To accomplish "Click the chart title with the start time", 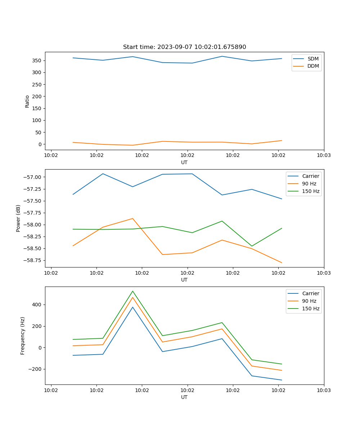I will [x=184, y=47].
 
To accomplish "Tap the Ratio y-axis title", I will [x=27, y=101].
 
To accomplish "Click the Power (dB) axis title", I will [x=18, y=218].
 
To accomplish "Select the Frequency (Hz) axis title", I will [x=23, y=336].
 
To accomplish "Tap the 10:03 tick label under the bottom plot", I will [x=324, y=390].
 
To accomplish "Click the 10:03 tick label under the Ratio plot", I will [x=324, y=156].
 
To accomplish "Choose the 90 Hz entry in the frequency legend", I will [x=309, y=301].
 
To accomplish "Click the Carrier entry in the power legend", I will [x=310, y=176].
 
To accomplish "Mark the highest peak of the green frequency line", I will [x=132, y=291].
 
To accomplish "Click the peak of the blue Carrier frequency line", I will [x=132, y=307].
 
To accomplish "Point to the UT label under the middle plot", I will [x=184, y=280].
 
